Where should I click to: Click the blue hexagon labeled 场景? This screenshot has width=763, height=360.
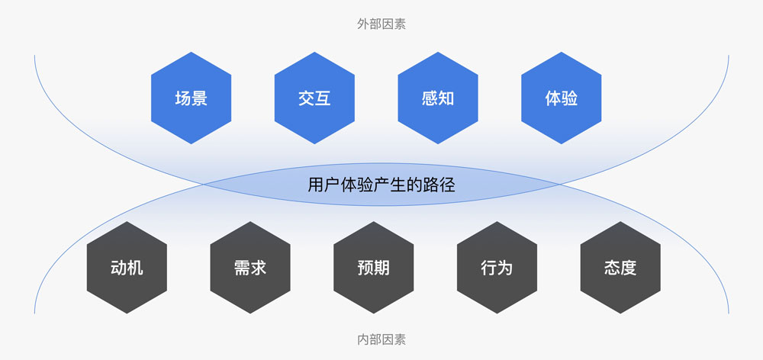point(192,98)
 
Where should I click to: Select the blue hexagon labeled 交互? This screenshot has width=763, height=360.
point(314,98)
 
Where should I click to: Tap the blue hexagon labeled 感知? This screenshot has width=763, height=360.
point(438,98)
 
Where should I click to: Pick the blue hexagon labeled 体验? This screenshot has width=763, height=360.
point(561,98)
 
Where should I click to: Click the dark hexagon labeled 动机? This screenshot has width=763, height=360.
point(127,268)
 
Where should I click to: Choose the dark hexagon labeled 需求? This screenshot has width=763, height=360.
point(250,268)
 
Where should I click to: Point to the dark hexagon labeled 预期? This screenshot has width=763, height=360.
point(374,268)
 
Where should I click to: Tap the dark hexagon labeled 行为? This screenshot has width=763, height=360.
point(497,268)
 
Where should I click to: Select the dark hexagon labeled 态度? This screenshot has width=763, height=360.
point(620,268)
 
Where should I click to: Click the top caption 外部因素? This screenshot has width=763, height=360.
point(381,24)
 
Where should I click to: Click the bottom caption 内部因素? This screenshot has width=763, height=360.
point(381,339)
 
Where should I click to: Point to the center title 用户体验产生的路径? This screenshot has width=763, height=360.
point(381,185)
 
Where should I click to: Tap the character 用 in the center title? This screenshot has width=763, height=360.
point(315,185)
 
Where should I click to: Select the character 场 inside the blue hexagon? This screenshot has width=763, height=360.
point(183,98)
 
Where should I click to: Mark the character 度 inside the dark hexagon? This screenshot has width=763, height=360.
point(629,268)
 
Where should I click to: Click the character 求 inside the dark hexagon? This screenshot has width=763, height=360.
point(259,268)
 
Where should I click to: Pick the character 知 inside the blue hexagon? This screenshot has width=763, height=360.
point(446,98)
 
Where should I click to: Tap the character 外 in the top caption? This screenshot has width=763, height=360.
point(363,24)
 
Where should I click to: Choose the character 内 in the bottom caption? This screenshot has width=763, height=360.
point(363,339)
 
